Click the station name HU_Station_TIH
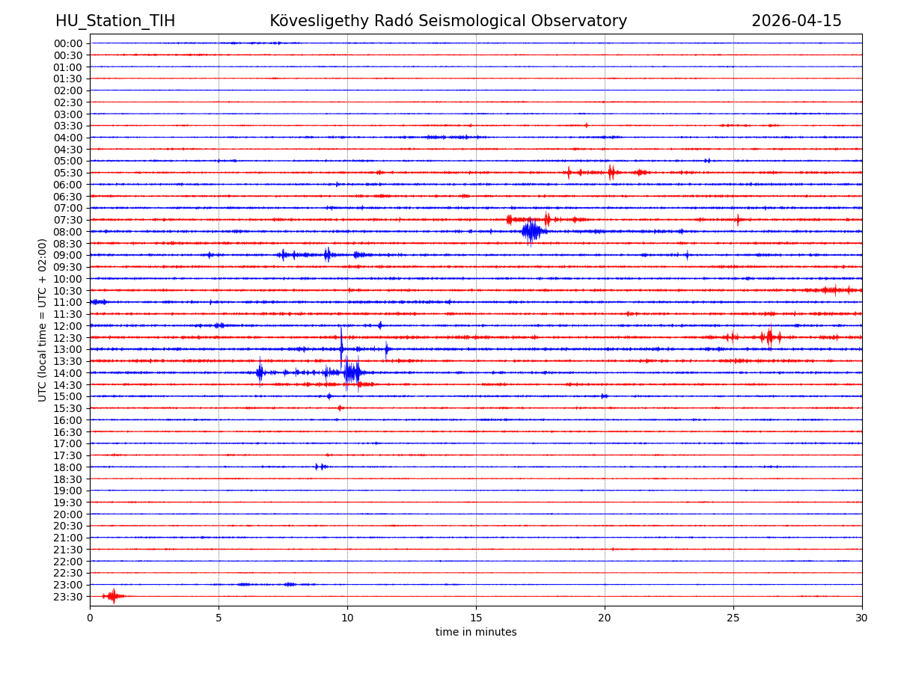115,22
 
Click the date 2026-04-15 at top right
796,22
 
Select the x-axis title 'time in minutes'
476,633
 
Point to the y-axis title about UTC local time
43,320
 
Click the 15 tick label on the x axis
476,618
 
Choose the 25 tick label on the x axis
733,618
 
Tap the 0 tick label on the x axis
90,618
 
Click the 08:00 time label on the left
68,232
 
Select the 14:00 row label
68,373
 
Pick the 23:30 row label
68,597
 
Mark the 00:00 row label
68,43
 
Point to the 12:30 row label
68,338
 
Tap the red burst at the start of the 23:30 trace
112,596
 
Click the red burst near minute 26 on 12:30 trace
769,337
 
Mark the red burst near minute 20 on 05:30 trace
611,173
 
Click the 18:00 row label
68,467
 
